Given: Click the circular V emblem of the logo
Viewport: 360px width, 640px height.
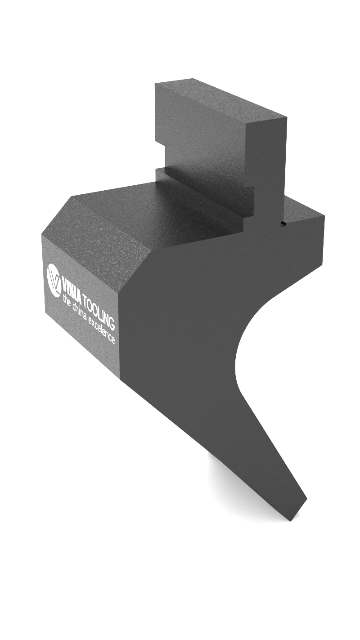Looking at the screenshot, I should pos(54,279).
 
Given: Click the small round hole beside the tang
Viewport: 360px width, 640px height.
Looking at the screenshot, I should pos(283,224).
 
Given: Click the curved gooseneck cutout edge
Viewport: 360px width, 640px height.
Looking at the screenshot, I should pos(243,342).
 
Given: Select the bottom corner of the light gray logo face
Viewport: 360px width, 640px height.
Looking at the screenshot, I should pos(121,378).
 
